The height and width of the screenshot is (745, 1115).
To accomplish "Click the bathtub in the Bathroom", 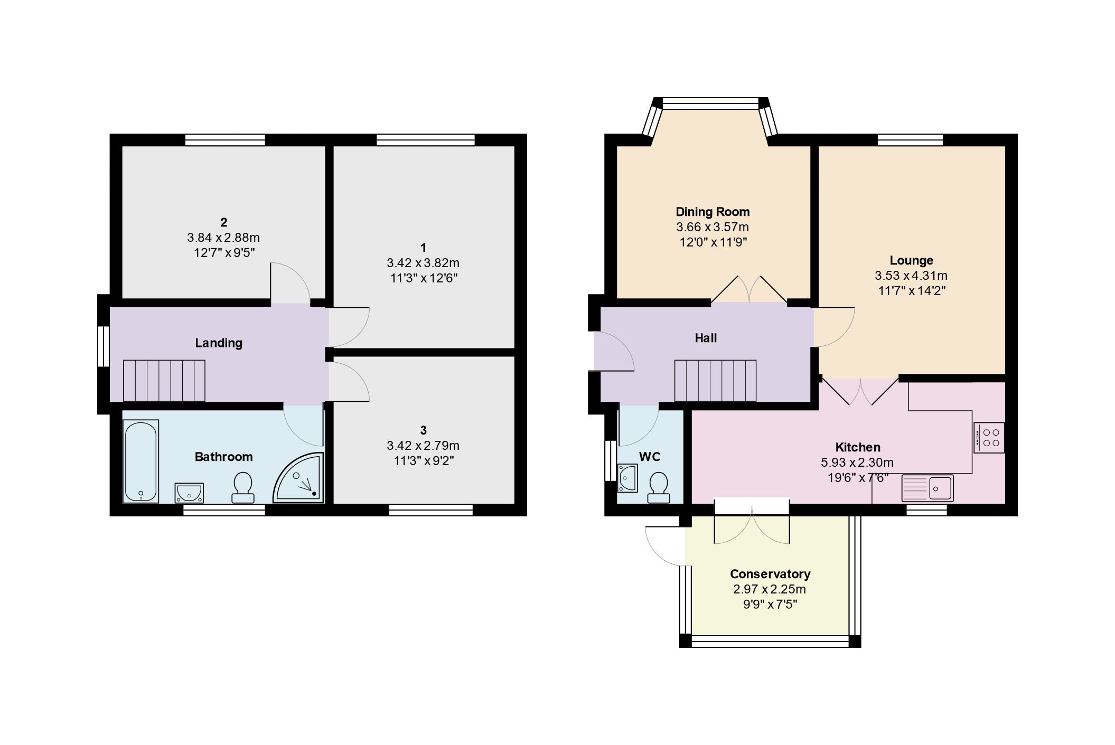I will click(x=141, y=461).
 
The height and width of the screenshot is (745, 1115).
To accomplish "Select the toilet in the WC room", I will click(x=659, y=487).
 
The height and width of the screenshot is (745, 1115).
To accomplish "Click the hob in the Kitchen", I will click(x=989, y=438).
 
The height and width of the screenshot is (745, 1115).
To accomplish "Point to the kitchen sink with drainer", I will click(x=927, y=487).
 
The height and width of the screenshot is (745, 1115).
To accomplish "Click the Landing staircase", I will click(x=164, y=381).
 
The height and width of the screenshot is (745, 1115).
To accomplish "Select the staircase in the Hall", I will click(x=715, y=381).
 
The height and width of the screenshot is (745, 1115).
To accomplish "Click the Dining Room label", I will click(x=713, y=212).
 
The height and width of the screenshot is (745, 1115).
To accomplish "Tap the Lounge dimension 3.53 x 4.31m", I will click(x=911, y=275).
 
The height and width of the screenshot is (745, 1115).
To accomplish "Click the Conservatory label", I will click(x=770, y=573).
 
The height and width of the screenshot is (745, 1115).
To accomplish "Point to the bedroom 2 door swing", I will click(x=289, y=283).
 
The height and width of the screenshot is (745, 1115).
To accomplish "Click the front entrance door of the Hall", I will click(x=613, y=352).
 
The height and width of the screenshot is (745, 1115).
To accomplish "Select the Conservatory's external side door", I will click(x=664, y=546).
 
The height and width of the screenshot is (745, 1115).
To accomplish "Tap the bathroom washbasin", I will click(x=189, y=493).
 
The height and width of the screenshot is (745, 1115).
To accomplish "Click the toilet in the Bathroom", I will click(x=243, y=487).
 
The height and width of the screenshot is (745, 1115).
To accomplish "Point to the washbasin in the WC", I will click(x=627, y=477).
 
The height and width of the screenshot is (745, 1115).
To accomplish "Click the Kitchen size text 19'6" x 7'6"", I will click(x=857, y=477).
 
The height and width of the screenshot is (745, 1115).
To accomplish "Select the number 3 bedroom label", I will click(x=423, y=430).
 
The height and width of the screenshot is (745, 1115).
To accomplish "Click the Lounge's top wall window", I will click(x=910, y=140).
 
